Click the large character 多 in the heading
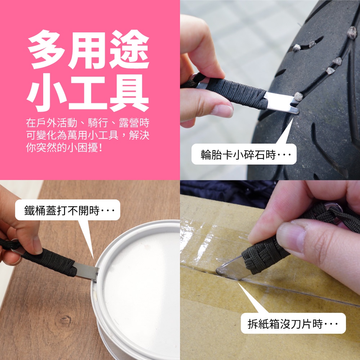click(46, 49)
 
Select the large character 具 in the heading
click(129, 93)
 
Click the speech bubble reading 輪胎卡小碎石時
click(244, 154)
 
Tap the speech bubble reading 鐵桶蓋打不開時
click(68, 210)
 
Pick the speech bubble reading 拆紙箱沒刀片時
click(293, 323)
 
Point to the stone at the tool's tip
click(298, 96)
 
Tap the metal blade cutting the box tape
click(231, 269)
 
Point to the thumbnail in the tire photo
click(221, 111)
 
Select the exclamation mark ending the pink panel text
click(100, 148)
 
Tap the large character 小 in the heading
click(46, 93)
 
